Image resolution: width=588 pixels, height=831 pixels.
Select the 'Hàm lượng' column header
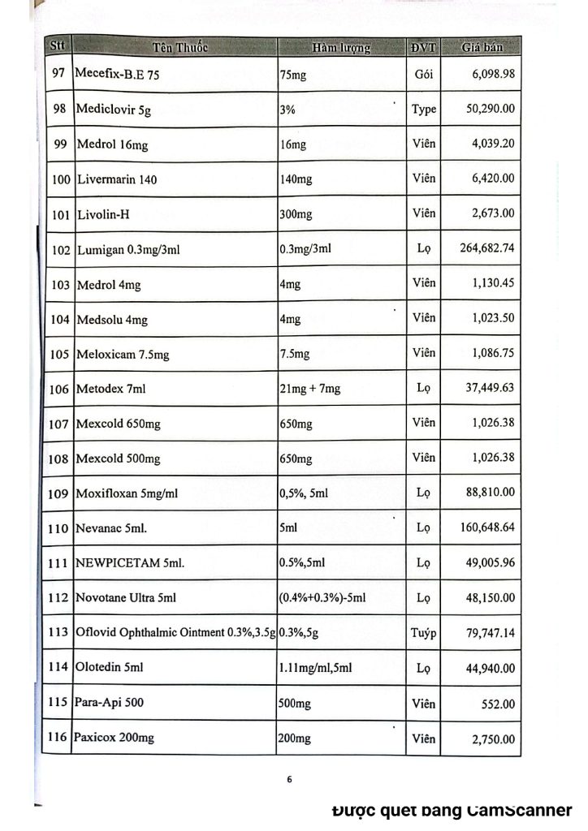(340, 48)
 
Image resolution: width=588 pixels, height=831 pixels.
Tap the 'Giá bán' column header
(482, 47)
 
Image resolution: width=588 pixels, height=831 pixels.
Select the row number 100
(61, 179)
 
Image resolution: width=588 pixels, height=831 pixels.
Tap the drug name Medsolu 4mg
(112, 320)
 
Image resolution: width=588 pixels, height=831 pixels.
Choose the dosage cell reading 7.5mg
(294, 355)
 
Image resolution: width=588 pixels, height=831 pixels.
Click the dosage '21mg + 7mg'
(309, 389)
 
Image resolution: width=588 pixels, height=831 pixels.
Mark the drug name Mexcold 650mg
(118, 424)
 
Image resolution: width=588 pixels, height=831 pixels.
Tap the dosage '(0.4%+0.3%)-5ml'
(322, 598)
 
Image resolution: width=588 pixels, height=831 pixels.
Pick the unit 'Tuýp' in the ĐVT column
(423, 633)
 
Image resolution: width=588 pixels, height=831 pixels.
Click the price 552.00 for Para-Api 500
(497, 704)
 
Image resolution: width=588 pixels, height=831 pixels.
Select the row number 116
(57, 738)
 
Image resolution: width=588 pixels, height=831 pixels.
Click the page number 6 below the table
(289, 780)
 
